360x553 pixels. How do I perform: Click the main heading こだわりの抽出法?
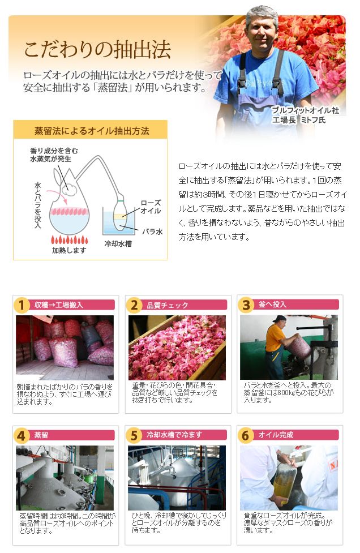98,50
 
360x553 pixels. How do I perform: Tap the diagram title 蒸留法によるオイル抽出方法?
92,131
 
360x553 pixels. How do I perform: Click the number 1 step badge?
21,305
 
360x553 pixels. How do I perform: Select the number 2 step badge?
134,305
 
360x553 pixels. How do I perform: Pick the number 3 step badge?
246,305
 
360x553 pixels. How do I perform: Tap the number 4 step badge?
21,436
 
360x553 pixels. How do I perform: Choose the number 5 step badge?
134,436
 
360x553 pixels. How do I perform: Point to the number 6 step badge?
246,436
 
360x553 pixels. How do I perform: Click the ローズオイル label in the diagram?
151,207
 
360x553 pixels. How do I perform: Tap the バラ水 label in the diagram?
152,232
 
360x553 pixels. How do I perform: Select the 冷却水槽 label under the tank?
118,244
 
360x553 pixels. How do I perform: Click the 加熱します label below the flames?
69,250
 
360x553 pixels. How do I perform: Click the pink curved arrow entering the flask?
55,195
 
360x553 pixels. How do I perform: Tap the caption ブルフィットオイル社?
305,110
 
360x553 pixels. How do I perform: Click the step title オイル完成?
276,435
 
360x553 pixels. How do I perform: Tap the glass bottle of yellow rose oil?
285,479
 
